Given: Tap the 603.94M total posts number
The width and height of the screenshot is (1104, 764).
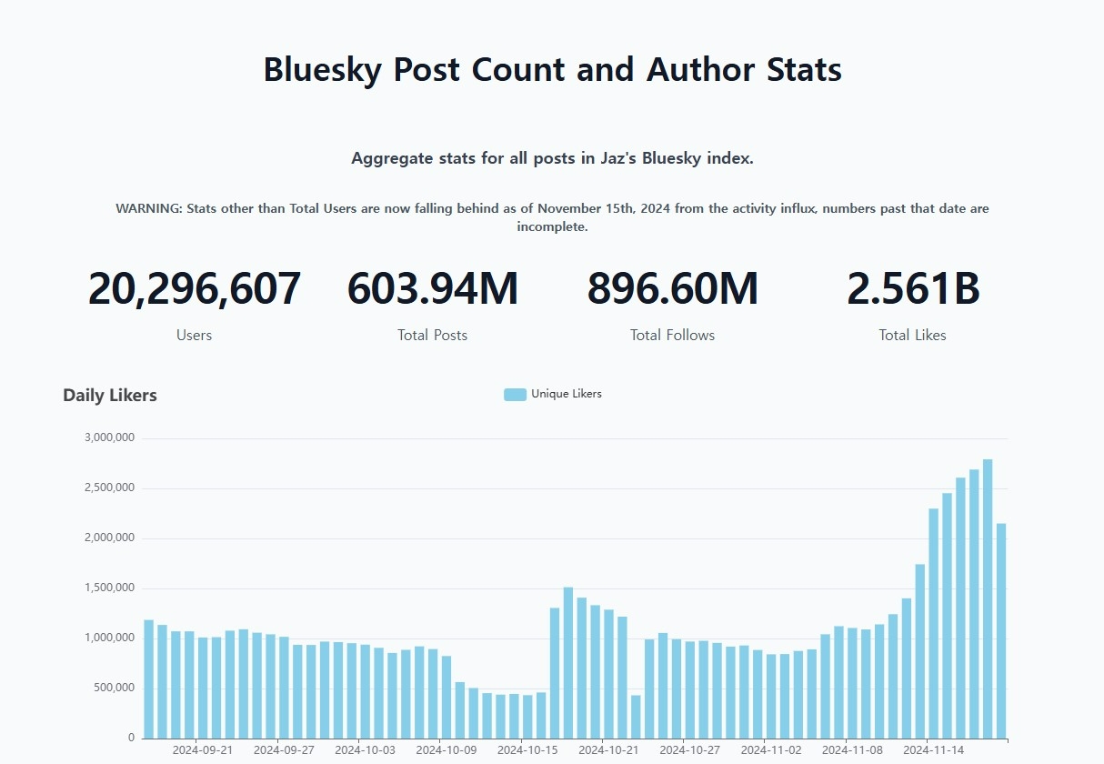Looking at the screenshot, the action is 433,288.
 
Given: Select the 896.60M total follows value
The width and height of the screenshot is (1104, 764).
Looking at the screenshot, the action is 672,288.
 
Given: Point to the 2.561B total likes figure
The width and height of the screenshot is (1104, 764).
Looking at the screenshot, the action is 913,288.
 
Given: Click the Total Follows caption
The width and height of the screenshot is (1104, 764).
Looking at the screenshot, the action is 672,336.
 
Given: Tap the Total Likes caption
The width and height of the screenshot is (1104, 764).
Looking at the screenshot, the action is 913,336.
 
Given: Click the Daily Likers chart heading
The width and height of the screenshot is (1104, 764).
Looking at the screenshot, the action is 110,396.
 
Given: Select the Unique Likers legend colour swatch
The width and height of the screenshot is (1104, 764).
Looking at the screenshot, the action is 515,395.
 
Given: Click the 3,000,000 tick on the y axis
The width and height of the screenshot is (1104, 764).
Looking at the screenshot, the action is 109,437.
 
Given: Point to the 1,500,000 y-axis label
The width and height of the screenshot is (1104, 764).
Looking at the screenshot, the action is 109,588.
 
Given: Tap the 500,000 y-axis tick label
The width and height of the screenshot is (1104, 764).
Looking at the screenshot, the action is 114,689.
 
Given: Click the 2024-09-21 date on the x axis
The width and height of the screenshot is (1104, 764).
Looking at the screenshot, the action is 203,750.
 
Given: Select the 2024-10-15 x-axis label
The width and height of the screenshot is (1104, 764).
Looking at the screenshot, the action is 527,750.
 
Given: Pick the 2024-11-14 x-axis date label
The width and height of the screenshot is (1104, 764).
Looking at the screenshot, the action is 933,750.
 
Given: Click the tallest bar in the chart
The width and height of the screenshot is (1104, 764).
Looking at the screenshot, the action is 988,598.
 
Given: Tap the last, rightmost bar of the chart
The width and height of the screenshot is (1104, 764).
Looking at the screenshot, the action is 1001,631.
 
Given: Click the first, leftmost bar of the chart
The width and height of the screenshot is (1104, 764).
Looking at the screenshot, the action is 149,679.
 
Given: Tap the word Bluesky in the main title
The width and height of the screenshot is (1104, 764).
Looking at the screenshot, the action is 323,70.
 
